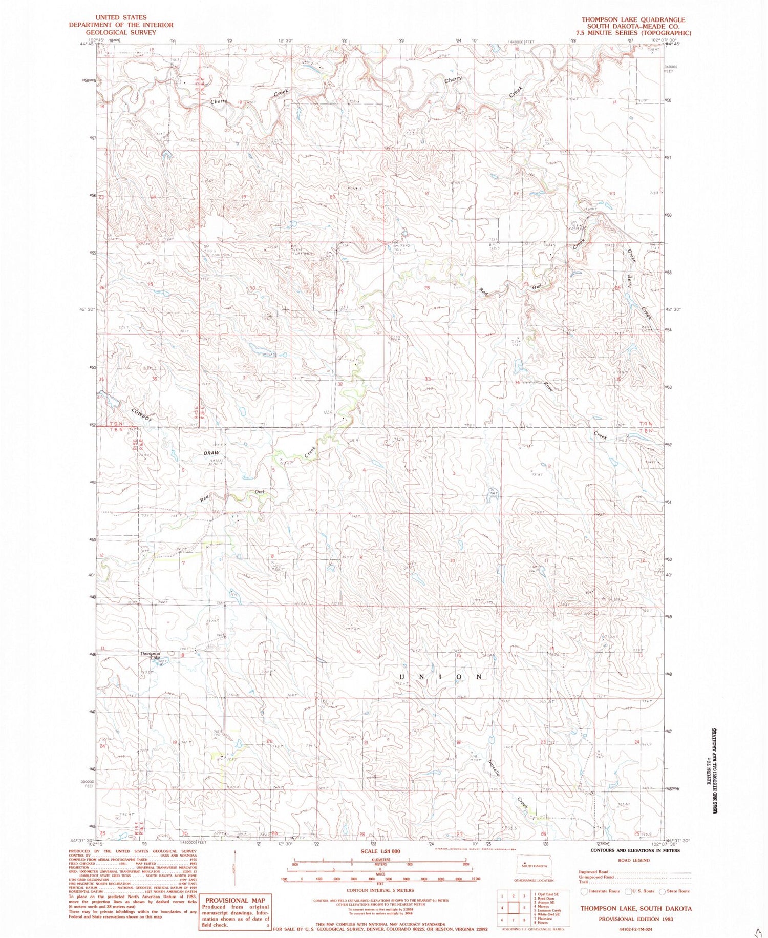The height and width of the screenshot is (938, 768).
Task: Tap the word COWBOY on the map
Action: [142, 415]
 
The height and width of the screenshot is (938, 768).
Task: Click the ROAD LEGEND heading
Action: [634, 860]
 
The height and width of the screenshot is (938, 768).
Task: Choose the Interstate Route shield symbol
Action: [584, 891]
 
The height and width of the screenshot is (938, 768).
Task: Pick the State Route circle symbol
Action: [663, 891]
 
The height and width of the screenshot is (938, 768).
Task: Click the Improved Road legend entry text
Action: [594, 872]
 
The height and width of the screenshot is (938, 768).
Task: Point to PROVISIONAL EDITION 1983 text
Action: [636, 919]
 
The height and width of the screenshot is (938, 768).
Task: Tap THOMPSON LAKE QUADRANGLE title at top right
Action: [633, 19]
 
